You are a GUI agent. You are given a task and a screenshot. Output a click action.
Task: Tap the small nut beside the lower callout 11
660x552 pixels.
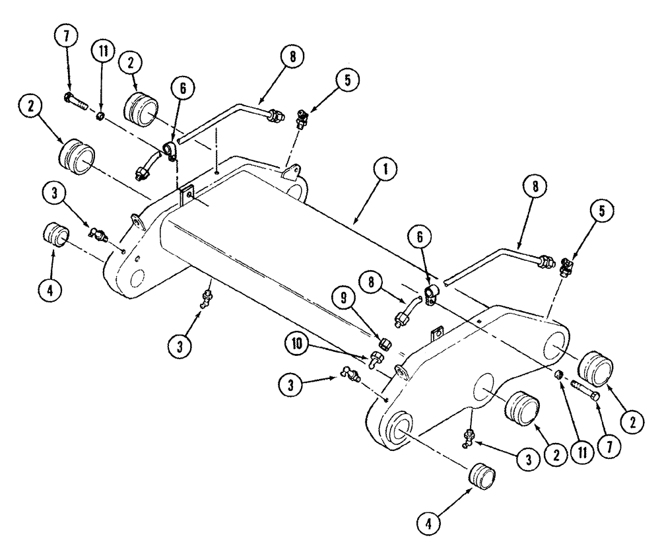558,375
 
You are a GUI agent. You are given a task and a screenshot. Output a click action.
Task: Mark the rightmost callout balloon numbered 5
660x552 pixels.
606,213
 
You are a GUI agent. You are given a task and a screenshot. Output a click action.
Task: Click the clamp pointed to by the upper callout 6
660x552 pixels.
170,151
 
